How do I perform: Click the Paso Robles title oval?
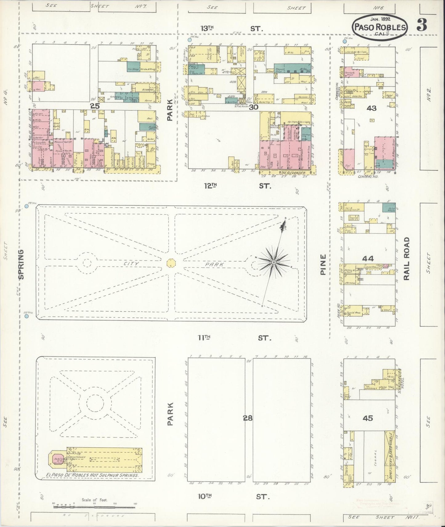(x=380, y=27)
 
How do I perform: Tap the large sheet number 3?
(x=422, y=26)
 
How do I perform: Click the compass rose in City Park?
(x=273, y=262)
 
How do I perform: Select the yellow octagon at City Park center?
(x=171, y=263)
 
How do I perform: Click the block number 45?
(x=368, y=418)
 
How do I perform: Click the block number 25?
(x=95, y=106)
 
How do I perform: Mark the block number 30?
(x=254, y=107)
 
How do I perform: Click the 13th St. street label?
(x=231, y=29)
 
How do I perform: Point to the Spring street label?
(x=21, y=264)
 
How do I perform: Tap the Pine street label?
(x=322, y=265)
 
